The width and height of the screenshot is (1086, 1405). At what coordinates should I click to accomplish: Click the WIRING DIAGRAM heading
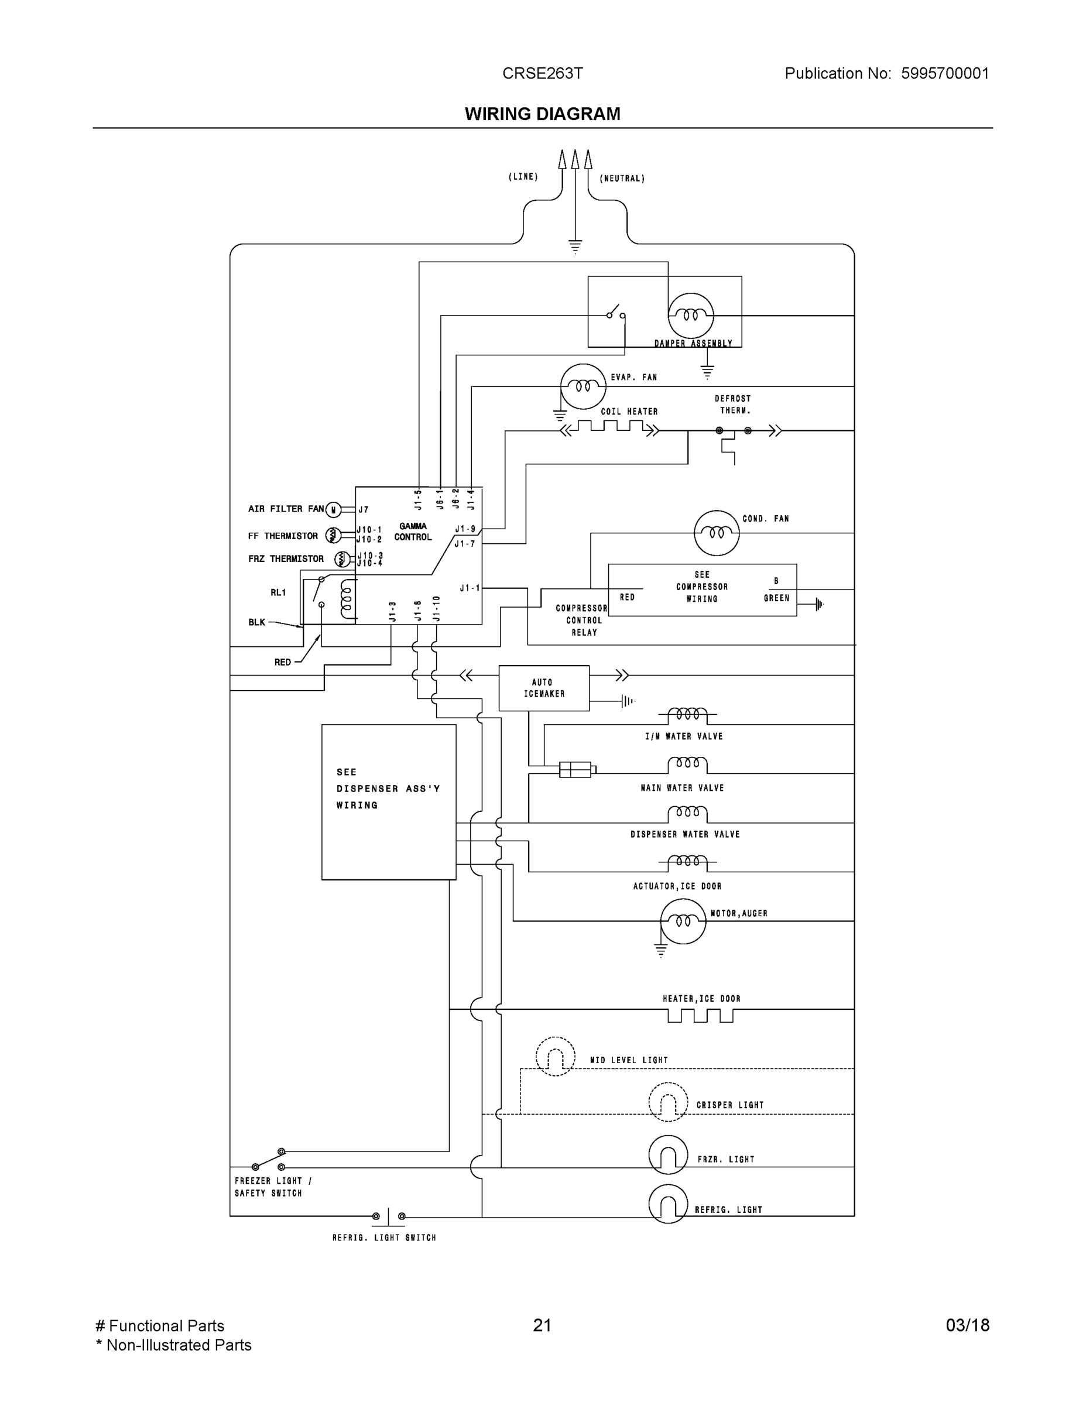[x=542, y=114]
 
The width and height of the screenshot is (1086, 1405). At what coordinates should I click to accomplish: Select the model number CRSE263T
[x=542, y=73]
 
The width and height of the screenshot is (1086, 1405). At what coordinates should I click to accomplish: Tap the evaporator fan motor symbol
[x=583, y=386]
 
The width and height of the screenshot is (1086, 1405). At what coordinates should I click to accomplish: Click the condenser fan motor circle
[x=717, y=533]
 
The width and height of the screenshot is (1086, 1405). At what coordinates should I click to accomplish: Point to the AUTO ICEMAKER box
[x=544, y=688]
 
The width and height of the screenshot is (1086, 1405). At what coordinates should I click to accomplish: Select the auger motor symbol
[x=683, y=921]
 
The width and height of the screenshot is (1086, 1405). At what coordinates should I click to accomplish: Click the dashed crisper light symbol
[x=668, y=1102]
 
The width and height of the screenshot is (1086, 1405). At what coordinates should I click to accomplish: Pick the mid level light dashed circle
[x=554, y=1056]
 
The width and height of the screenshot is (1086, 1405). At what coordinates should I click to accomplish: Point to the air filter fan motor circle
[x=333, y=510]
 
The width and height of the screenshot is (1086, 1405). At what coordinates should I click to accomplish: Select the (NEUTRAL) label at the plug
[x=622, y=178]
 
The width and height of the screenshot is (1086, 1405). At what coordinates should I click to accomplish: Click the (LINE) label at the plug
[x=523, y=176]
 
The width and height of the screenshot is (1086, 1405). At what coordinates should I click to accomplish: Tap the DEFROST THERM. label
[x=733, y=405]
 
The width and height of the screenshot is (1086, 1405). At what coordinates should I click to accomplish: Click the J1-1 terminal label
[x=470, y=588]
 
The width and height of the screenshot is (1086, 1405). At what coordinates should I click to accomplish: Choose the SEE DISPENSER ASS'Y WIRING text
[x=388, y=788]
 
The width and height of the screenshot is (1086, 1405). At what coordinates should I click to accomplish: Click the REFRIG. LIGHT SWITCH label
[x=384, y=1238]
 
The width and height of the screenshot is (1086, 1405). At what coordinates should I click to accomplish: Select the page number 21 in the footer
[x=542, y=1325]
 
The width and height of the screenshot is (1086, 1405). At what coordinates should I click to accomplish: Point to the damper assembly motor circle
[x=690, y=315]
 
